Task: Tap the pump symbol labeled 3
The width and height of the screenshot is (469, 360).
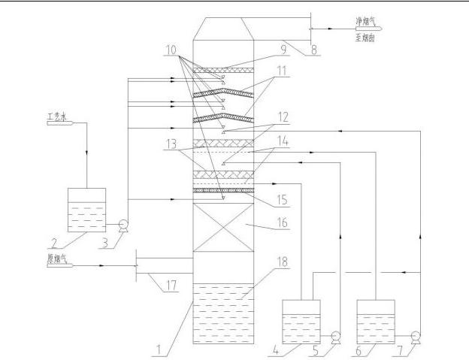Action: pos(123,224)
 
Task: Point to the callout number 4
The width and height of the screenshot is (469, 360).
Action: pos(298,349)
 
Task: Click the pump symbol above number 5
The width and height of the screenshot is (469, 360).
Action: pos(336,336)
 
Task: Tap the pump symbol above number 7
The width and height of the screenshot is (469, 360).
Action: pos(415,335)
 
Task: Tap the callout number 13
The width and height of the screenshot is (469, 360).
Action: pos(171,143)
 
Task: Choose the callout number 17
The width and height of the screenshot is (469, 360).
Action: pos(171,285)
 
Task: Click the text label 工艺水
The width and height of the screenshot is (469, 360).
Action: pos(57,116)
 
